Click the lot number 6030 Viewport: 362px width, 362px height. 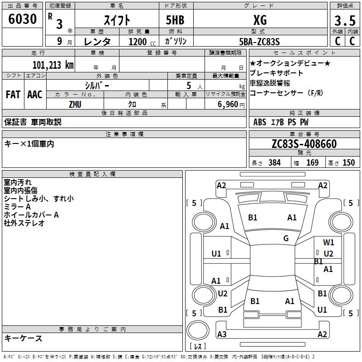22,19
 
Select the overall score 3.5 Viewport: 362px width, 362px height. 344,21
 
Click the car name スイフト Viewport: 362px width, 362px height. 117,20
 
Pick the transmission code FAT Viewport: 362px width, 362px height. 13,95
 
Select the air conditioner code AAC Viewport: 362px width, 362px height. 35,95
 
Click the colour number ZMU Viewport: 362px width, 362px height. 75,104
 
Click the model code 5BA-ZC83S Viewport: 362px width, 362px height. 260,41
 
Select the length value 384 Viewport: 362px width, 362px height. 274,162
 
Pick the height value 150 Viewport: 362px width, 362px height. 348,162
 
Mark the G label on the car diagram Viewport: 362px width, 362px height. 286,238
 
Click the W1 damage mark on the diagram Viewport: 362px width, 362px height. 329,243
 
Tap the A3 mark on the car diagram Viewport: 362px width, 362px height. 222,334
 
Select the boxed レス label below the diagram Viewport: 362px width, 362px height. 200,347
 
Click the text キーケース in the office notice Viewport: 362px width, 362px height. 23,338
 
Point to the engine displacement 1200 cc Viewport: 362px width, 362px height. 138,42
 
